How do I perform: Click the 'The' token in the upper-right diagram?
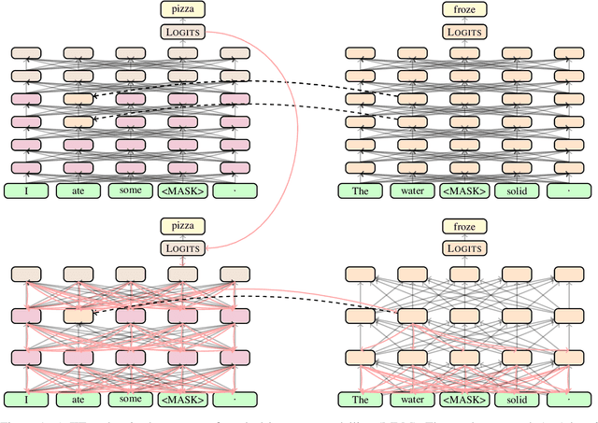(359, 190)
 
